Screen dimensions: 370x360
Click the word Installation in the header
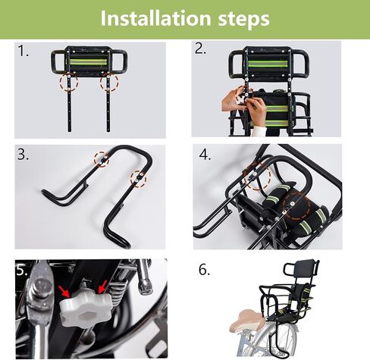pyautogui.click(x=155, y=18)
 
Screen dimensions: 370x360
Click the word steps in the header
pyautogui.click(x=243, y=19)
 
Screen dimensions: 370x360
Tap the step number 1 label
pyautogui.click(x=23, y=51)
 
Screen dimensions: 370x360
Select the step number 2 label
pyautogui.click(x=200, y=49)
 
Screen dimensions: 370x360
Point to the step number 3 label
pyautogui.click(x=23, y=154)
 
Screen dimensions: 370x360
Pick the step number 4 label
pyautogui.click(x=205, y=155)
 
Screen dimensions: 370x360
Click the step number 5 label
pyautogui.click(x=22, y=271)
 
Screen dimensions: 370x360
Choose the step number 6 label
pyautogui.click(x=204, y=270)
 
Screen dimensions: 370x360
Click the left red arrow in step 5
pyautogui.click(x=64, y=292)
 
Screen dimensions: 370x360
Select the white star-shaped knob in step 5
pyautogui.click(x=86, y=310)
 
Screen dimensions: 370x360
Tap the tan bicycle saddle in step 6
pyautogui.click(x=247, y=321)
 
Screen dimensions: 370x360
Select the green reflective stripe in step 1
pyautogui.click(x=88, y=62)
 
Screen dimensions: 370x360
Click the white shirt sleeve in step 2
pyautogui.click(x=260, y=131)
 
